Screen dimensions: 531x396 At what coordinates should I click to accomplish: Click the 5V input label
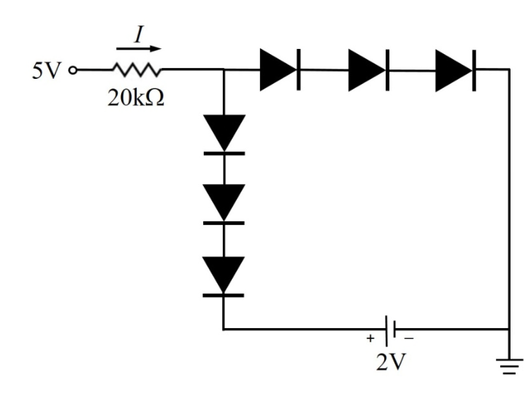click(x=47, y=70)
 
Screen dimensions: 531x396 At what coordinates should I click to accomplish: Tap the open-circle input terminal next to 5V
click(x=72, y=70)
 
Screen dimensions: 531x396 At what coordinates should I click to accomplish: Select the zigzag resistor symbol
click(x=137, y=69)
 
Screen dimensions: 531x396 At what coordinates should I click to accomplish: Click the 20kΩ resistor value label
click(x=136, y=98)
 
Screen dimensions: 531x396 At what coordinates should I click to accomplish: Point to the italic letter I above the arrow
click(x=139, y=34)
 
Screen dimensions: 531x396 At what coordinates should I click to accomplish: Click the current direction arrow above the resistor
click(x=139, y=49)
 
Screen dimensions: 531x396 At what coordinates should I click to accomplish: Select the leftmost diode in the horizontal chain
click(x=280, y=70)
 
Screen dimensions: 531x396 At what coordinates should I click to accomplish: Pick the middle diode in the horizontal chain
click(x=369, y=70)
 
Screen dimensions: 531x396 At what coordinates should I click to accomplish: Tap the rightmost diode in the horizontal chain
click(x=456, y=70)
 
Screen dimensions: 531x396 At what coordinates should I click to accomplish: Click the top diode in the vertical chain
click(x=224, y=135)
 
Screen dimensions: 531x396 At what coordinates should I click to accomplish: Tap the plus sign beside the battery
click(x=370, y=338)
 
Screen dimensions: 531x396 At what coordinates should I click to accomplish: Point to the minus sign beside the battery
click(x=409, y=338)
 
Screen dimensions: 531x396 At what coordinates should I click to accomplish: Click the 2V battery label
click(x=391, y=362)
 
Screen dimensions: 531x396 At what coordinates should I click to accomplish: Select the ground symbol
click(x=509, y=366)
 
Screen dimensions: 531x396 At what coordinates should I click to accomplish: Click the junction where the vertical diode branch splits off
click(x=224, y=69)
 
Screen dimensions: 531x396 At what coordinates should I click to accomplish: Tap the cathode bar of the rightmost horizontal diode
click(x=474, y=70)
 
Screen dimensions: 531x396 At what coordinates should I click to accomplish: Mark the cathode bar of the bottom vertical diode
click(x=224, y=295)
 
